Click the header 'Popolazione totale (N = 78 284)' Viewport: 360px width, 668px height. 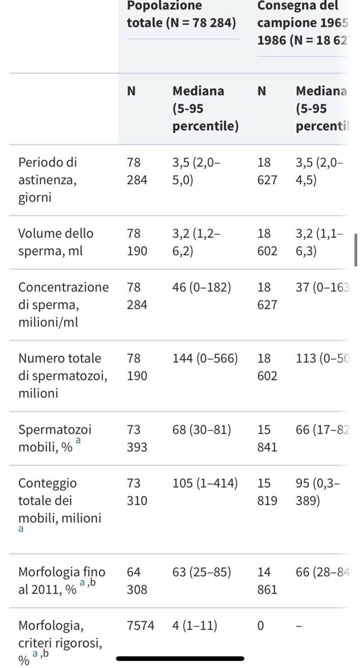[181, 14]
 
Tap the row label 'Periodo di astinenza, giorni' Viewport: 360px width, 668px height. [47, 179]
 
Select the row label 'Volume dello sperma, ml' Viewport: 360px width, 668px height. [56, 242]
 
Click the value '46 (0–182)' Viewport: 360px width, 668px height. [201, 287]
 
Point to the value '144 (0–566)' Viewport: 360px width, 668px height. [205, 358]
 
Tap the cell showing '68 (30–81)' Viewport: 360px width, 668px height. [201, 429]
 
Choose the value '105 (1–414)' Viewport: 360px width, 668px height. [205, 483]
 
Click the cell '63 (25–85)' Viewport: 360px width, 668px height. [201, 572]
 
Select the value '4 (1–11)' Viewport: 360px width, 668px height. [195, 625]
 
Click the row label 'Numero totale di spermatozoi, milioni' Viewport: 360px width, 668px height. [63, 376]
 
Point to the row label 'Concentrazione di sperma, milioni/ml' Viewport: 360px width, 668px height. [63, 304]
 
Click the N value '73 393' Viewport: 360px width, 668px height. [137, 438]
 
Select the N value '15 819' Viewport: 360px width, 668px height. [267, 492]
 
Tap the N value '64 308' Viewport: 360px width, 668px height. [137, 580]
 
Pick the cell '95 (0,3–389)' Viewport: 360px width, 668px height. [318, 492]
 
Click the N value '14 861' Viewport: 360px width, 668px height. [267, 580]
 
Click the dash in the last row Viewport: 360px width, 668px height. [299, 625]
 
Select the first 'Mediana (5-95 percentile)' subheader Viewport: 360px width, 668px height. [205, 108]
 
